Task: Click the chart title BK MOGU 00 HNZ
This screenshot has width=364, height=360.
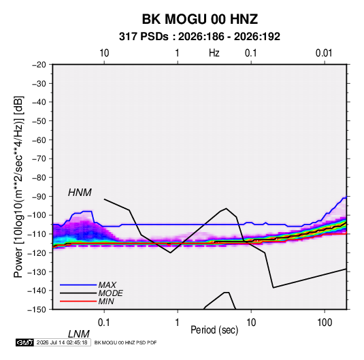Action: [x=200, y=19]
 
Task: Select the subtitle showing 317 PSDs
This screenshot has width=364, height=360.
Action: [x=199, y=37]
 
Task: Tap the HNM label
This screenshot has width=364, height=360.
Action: [x=80, y=193]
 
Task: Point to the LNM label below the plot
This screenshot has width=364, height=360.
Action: [x=79, y=334]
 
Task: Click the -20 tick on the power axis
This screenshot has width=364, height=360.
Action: [x=39, y=65]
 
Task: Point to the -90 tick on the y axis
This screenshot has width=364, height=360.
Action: [x=39, y=197]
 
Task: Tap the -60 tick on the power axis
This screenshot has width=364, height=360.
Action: [x=39, y=140]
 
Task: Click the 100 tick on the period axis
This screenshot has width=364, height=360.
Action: [x=325, y=323]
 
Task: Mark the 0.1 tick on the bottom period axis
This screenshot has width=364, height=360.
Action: [x=104, y=323]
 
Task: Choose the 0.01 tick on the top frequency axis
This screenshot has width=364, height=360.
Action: [x=324, y=53]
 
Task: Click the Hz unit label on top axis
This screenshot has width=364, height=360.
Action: [x=214, y=53]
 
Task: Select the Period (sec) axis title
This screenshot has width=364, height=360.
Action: [x=214, y=330]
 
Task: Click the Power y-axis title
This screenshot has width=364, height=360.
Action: [x=18, y=187]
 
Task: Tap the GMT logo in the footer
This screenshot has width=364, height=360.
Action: [x=24, y=342]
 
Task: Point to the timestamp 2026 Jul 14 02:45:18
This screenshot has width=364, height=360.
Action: [x=62, y=342]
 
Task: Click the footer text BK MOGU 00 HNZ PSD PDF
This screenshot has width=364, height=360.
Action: [x=126, y=342]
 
